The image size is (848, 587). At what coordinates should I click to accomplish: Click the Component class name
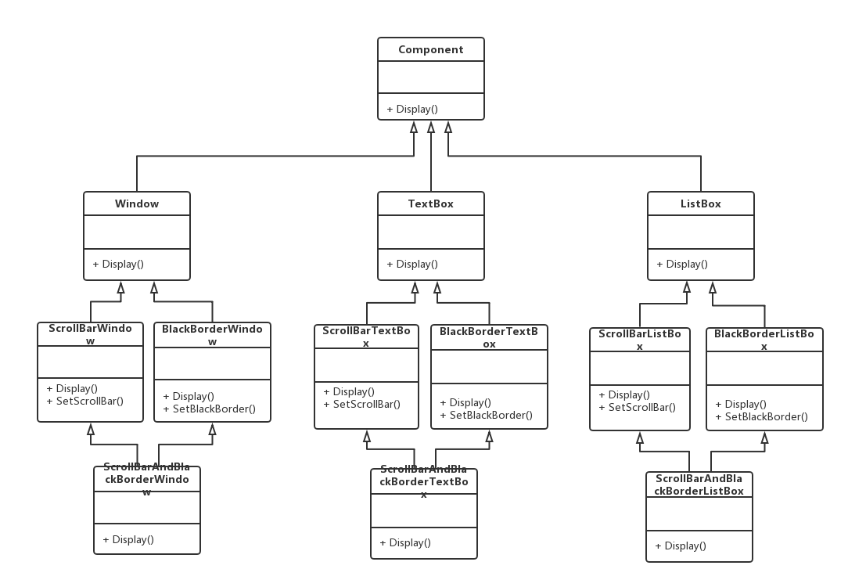click(430, 50)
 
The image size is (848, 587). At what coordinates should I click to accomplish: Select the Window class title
click(137, 204)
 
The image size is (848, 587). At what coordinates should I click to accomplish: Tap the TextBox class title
click(430, 204)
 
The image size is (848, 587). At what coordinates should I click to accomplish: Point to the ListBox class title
click(700, 204)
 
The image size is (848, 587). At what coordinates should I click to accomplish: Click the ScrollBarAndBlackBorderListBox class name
click(699, 484)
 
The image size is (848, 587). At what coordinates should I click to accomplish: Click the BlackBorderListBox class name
click(764, 340)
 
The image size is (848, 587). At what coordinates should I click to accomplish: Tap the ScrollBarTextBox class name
click(366, 337)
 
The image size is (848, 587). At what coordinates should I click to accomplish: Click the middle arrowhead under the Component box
click(431, 127)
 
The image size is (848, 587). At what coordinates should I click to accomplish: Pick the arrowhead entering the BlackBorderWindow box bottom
click(213, 430)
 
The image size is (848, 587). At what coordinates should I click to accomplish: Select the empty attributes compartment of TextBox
click(430, 232)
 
